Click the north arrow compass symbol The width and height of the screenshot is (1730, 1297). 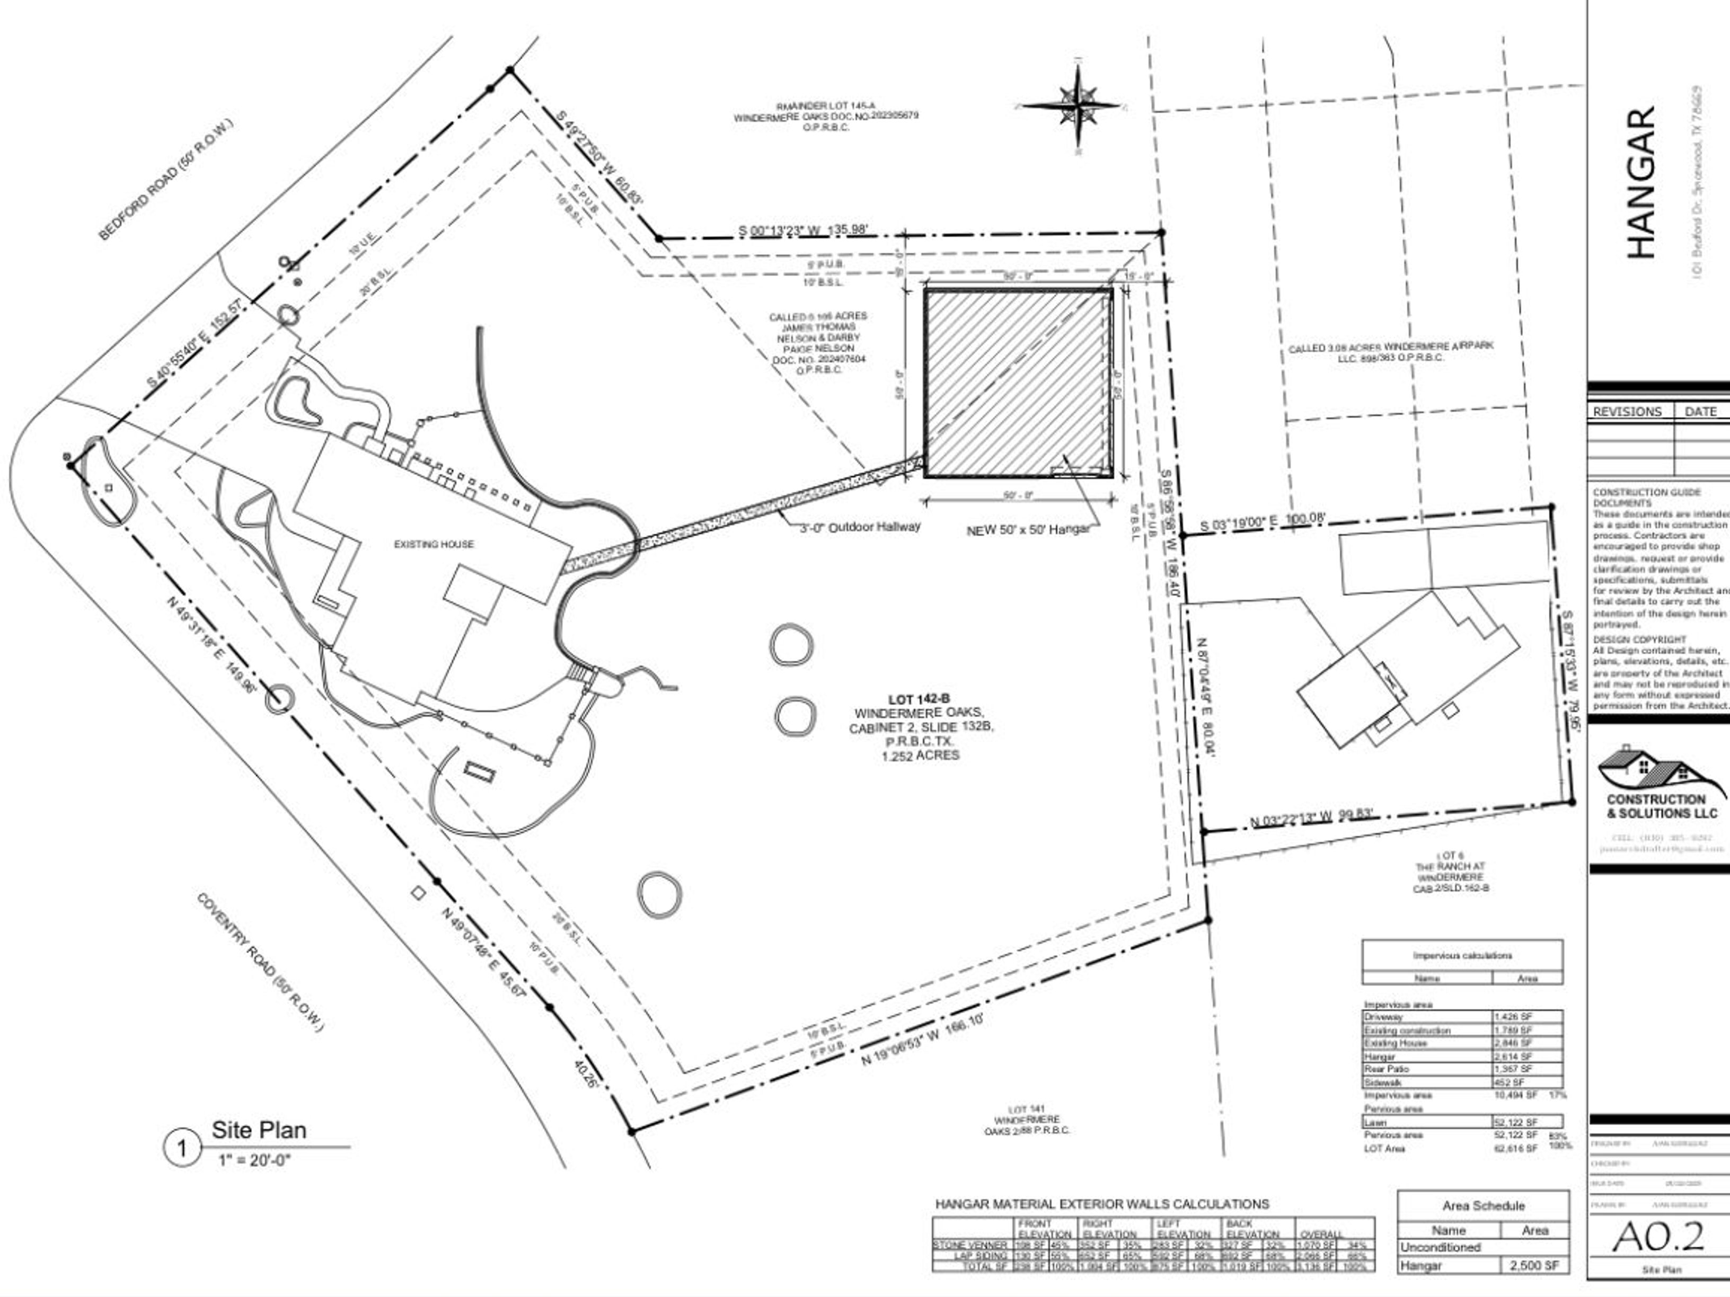[x=1077, y=105]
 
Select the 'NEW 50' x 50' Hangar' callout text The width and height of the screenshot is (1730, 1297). [x=1028, y=529]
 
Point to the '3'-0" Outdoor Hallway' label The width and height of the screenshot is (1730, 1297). [x=860, y=527]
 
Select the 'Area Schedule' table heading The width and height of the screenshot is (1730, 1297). [x=1483, y=1205]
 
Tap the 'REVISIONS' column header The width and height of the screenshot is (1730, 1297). [x=1628, y=411]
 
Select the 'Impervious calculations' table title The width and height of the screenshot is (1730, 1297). [x=1462, y=955]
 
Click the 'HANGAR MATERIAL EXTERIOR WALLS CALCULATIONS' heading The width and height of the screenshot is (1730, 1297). [x=1102, y=1204]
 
